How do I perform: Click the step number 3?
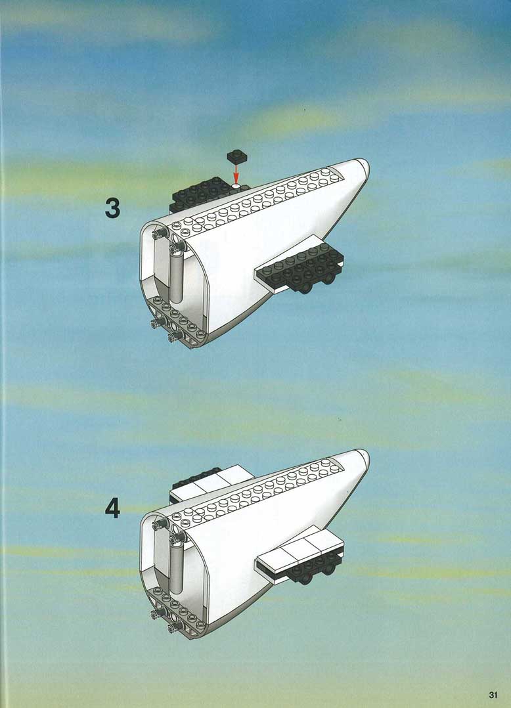(112, 208)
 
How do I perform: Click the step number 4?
(112, 508)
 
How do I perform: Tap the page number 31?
(493, 695)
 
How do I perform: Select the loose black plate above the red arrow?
(236, 157)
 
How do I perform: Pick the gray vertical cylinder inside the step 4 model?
(177, 567)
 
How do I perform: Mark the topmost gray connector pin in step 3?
(160, 233)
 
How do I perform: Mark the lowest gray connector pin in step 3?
(175, 336)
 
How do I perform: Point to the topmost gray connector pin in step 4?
(160, 524)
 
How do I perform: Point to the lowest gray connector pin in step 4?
(175, 627)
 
